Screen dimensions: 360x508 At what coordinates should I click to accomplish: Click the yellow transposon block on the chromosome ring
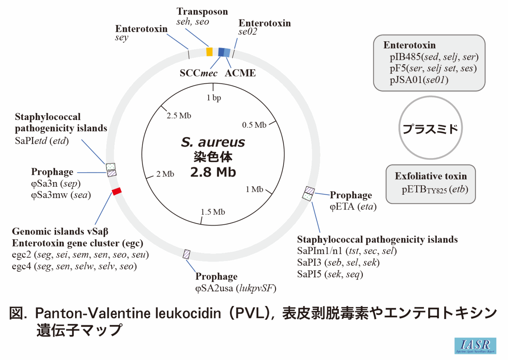click(209, 51)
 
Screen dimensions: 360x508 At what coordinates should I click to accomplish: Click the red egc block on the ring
click(116, 191)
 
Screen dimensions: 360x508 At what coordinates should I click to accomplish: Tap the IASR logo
click(475, 345)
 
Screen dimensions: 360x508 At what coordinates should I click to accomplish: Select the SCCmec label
click(198, 73)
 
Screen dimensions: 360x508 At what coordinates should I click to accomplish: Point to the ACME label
click(240, 73)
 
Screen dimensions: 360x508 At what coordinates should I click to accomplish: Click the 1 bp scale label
click(214, 98)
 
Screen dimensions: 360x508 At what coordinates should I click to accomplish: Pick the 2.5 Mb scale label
click(179, 116)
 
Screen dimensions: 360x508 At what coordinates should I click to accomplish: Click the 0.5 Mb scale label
click(254, 125)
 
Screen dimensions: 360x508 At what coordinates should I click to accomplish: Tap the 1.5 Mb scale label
click(213, 212)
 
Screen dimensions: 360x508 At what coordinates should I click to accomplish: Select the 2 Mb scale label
click(165, 174)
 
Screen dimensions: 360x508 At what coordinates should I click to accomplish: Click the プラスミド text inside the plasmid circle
click(430, 129)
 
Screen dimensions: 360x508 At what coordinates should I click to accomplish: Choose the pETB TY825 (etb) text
click(435, 189)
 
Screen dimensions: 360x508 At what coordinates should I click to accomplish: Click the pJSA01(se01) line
click(419, 80)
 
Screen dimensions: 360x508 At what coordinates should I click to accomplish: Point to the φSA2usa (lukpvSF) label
click(235, 288)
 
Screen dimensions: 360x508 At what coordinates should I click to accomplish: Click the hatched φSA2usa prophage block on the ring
click(187, 254)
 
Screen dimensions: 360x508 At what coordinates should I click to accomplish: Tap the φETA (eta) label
click(353, 207)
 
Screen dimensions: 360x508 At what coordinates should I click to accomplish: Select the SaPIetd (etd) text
click(42, 141)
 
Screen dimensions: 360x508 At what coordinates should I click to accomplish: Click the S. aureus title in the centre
click(213, 142)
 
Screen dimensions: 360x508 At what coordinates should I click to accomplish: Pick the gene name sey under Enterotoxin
click(122, 38)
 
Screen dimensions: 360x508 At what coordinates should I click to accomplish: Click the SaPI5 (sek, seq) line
click(330, 274)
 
